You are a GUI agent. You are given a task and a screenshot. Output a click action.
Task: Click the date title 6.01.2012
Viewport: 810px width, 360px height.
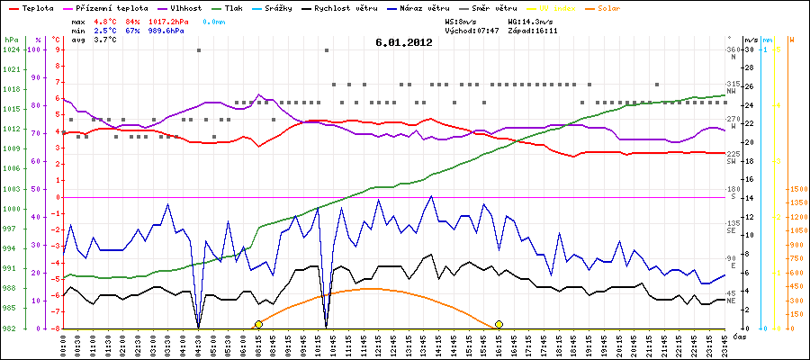404,42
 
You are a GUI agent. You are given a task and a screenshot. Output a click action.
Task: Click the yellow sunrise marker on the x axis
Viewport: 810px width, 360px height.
258,324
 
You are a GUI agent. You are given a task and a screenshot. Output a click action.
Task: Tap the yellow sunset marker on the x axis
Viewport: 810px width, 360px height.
499,324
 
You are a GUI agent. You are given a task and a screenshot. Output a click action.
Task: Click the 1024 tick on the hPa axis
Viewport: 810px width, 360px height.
11,49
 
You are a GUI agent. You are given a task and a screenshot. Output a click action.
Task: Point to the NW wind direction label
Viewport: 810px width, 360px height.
733,91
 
